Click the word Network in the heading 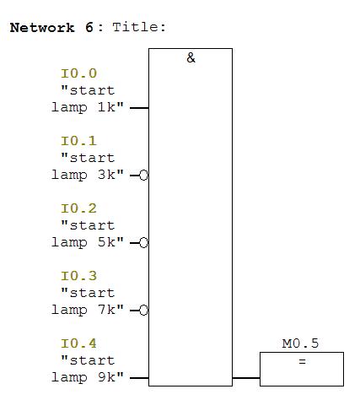(x=42, y=28)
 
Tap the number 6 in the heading (x=89, y=28)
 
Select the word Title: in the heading (x=139, y=28)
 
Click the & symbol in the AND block (x=191, y=58)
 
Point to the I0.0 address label (x=79, y=73)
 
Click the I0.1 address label (x=79, y=141)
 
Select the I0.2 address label (x=79, y=208)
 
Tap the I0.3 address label (x=79, y=276)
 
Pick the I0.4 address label (x=79, y=343)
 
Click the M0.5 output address (x=300, y=343)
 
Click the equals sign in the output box (x=302, y=361)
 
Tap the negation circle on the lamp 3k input (x=143, y=176)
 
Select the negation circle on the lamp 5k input (x=143, y=243)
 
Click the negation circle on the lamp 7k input (x=143, y=311)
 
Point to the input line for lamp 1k (x=139, y=108)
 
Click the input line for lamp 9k (x=139, y=378)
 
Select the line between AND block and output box (x=246, y=378)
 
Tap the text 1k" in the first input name (x=110, y=107)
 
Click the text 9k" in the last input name (x=110, y=377)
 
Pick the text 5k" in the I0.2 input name (x=110, y=242)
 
